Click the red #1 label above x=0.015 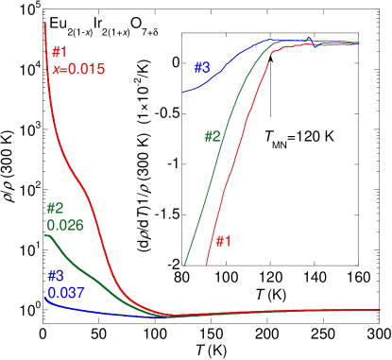pos(60,52)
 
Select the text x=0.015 pos(78,69)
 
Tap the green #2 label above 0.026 pos(55,209)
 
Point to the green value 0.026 pos(65,226)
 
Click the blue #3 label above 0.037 pos(56,276)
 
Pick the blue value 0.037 pos(66,293)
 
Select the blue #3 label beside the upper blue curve pos(202,68)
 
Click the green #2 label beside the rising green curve pos(213,136)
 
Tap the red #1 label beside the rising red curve pos(223,241)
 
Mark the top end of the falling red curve pos(45,22)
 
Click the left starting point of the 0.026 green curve pos(45,235)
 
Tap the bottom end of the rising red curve pos(207,266)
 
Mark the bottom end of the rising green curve pos(185,263)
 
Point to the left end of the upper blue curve pos(183,92)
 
